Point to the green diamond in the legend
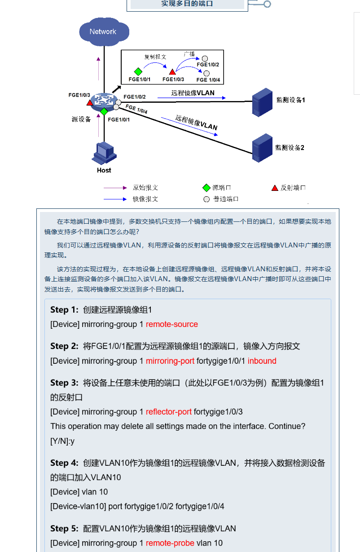pos(206,188)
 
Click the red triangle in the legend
pos(275,188)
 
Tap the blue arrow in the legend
pos(116,199)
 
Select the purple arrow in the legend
pos(116,188)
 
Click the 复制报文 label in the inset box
pos(155,57)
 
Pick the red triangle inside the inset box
pos(172,71)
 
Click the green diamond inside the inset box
pos(138,71)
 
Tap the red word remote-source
pos(172,324)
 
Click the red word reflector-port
pos(169,412)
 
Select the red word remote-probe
pos(170,543)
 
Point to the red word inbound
pos(262,361)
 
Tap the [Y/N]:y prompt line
pos(62,441)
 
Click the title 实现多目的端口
pos(187,4)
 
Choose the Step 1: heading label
pos(65,310)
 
